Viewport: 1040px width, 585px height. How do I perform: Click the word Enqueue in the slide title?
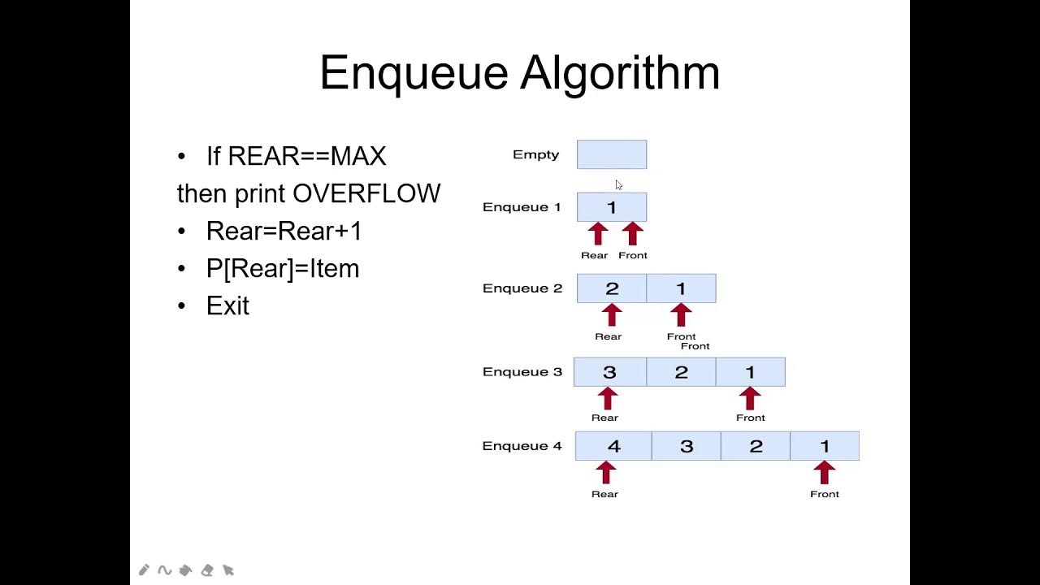[414, 74]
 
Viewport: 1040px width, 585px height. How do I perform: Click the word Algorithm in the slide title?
[619, 74]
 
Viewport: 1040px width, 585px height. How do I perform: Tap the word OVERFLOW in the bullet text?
[366, 193]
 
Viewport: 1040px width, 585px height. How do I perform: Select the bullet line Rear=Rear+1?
[284, 231]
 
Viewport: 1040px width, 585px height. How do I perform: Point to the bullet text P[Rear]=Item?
[282, 268]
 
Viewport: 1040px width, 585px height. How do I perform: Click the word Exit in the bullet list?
[227, 305]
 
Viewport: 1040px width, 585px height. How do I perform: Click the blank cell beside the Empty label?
[612, 154]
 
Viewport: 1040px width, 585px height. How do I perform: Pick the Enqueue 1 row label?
[522, 207]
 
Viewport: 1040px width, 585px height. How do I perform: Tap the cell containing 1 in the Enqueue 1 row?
[612, 207]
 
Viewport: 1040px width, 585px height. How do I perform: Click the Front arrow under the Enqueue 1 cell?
[632, 234]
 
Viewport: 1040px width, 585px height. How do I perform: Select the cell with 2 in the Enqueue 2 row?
[612, 288]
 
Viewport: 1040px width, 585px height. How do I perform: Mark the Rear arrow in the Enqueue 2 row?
[612, 315]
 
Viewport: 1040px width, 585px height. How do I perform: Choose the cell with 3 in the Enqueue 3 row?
[609, 372]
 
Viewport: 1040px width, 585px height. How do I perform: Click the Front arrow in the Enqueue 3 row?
[750, 398]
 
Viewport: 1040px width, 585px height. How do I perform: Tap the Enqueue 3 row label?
[522, 372]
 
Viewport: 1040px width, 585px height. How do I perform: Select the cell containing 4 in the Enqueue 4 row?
[613, 446]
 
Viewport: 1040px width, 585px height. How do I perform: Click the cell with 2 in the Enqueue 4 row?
[756, 446]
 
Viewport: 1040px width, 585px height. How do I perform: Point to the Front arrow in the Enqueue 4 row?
[824, 473]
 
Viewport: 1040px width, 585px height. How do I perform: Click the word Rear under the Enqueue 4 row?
[604, 494]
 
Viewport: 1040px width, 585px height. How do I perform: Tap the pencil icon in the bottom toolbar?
[144, 570]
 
